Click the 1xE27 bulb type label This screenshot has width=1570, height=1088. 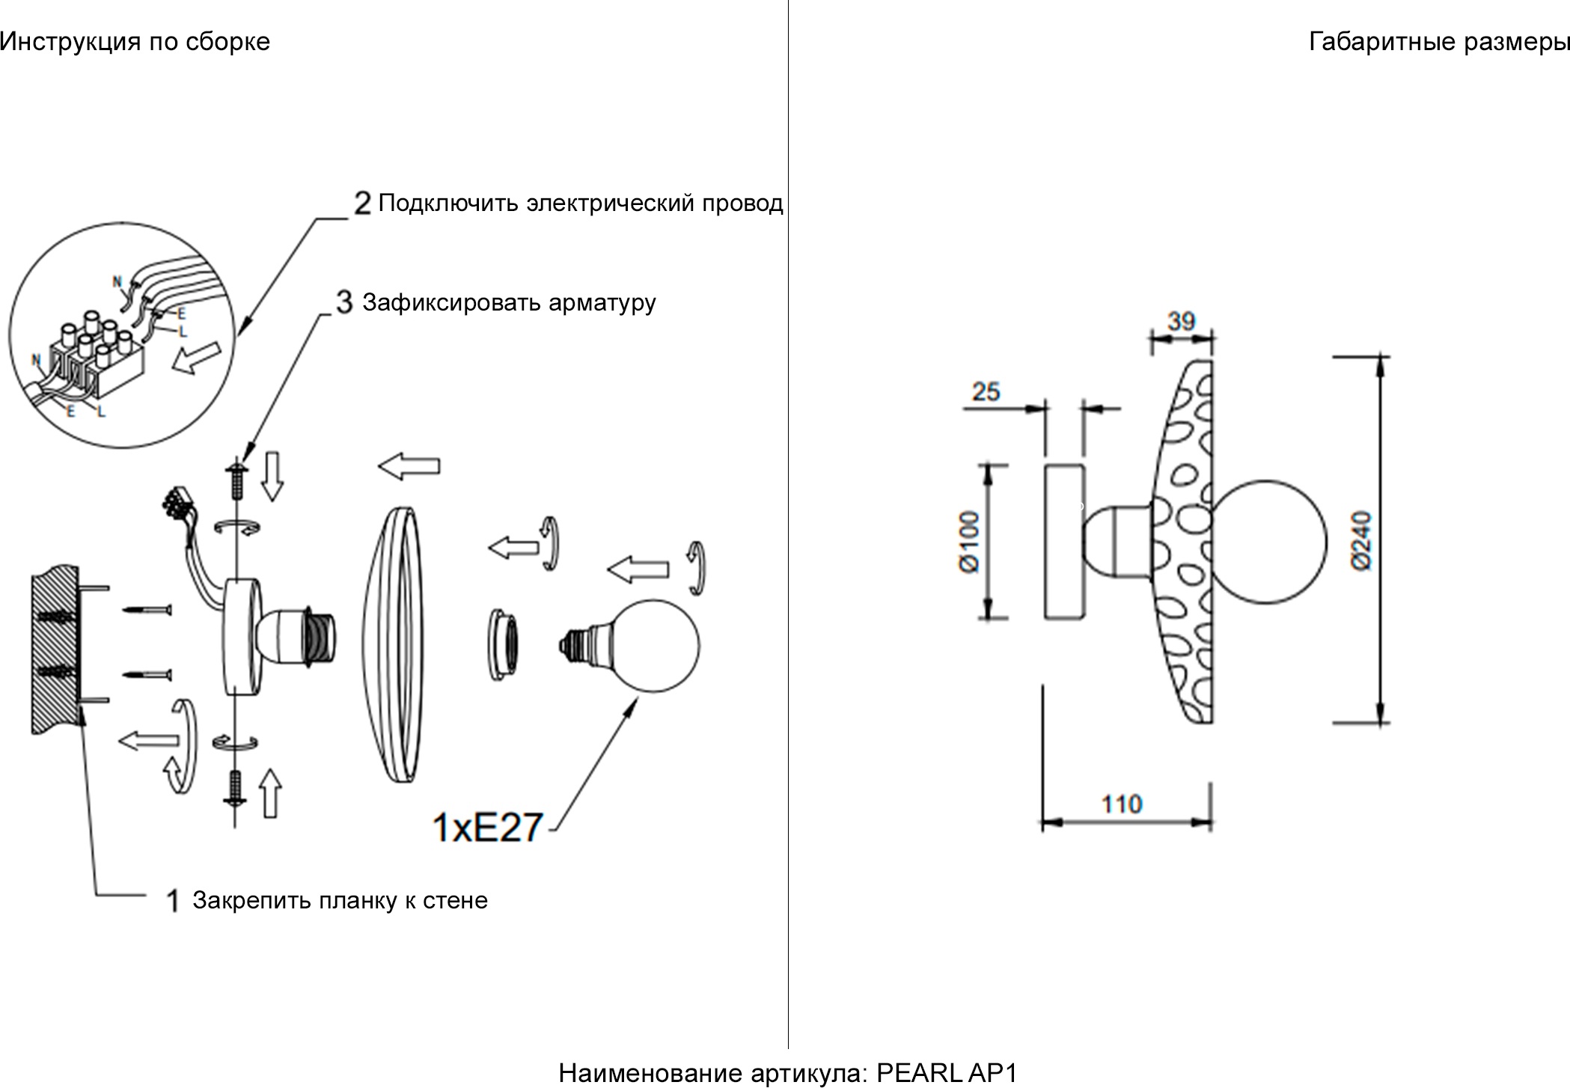coord(487,828)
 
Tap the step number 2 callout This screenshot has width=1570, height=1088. coord(363,203)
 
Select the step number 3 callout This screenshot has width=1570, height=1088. coord(344,302)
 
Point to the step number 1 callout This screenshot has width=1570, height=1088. coord(173,900)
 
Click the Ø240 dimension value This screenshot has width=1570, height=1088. coord(1363,540)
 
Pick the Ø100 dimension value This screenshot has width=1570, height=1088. coord(968,542)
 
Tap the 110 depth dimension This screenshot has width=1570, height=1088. coord(1121,804)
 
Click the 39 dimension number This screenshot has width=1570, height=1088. coord(1181,321)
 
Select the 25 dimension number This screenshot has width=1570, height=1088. coord(986,391)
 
